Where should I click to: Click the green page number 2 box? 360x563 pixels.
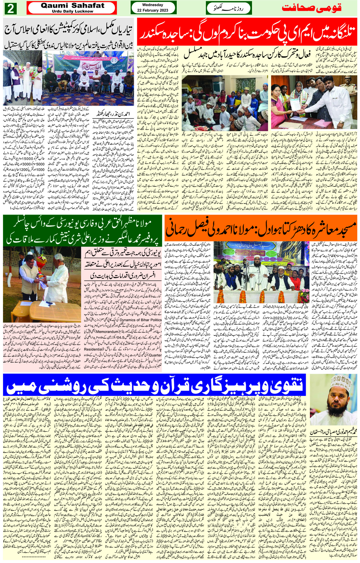pos(11,9)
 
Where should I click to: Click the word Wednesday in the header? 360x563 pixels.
pos(153,5)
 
